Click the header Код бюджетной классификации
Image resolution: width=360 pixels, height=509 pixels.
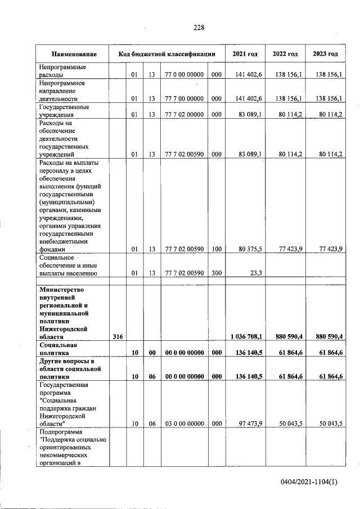[167, 54]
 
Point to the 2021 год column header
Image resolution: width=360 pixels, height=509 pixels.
[245, 54]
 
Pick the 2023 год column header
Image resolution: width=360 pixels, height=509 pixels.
[325, 54]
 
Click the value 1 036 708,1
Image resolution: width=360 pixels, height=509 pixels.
[246, 336]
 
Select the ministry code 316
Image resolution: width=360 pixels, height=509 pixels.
[118, 336]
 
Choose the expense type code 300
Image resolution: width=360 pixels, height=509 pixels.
[216, 273]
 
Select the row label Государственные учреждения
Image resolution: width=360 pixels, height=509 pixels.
[61, 112]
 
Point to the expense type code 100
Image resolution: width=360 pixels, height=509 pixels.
[216, 249]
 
